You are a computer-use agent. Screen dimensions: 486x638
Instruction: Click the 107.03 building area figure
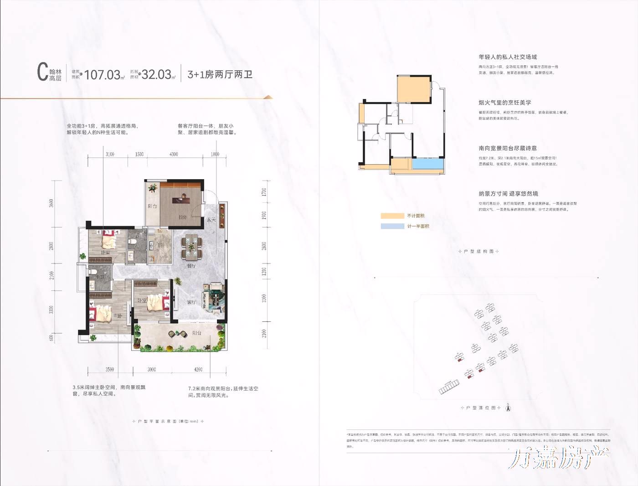pyautogui.click(x=103, y=74)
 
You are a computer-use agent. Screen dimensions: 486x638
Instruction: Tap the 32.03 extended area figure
pyautogui.click(x=156, y=74)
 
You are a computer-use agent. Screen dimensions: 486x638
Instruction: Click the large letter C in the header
pyautogui.click(x=42, y=72)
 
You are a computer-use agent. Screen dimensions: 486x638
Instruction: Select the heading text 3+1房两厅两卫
pyautogui.click(x=220, y=74)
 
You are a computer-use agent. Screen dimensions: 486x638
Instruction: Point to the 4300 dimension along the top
pyautogui.click(x=174, y=155)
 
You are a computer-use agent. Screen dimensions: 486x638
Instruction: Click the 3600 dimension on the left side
pyautogui.click(x=51, y=203)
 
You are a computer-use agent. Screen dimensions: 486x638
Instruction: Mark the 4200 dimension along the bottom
pyautogui.click(x=198, y=369)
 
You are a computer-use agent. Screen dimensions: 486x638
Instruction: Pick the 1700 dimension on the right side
pyautogui.click(x=264, y=192)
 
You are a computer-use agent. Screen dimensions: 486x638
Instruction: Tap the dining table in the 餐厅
pyautogui.click(x=191, y=246)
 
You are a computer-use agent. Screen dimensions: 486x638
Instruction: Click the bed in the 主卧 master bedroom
pyautogui.click(x=101, y=313)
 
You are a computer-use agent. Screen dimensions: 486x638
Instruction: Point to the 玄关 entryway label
pyautogui.click(x=211, y=220)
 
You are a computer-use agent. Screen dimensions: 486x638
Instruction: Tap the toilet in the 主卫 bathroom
pyautogui.click(x=93, y=272)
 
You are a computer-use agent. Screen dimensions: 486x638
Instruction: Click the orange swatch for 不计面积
pyautogui.click(x=392, y=216)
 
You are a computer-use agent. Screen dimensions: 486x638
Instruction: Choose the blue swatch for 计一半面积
pyautogui.click(x=392, y=226)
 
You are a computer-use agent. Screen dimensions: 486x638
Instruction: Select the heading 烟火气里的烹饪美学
pyautogui.click(x=504, y=103)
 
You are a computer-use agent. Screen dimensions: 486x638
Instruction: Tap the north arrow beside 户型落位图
pyautogui.click(x=509, y=408)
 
